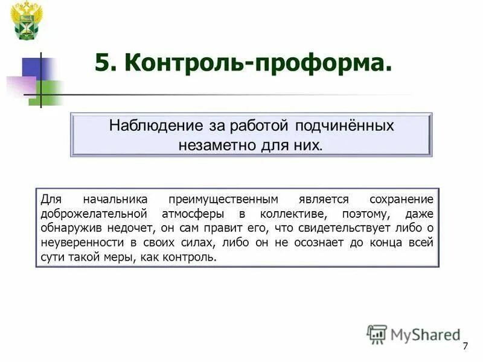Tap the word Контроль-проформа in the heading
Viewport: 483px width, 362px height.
point(254,63)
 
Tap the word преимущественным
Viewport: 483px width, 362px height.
point(224,199)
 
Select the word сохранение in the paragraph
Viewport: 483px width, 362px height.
point(403,199)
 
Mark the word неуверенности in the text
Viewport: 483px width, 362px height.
point(82,243)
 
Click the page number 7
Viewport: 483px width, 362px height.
point(465,346)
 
